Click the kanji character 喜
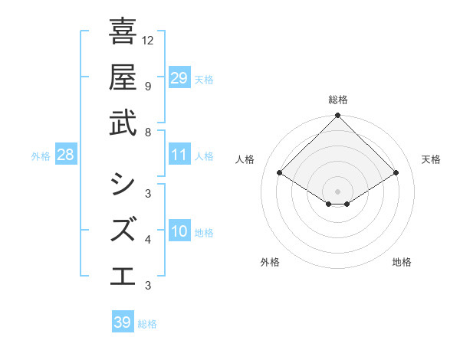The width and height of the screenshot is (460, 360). point(123,33)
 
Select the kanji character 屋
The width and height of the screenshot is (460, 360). point(123,77)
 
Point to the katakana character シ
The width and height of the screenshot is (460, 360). point(123,185)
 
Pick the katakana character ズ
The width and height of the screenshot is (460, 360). point(123,230)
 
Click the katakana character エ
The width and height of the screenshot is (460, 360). point(123,275)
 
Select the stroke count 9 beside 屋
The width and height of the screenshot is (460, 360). point(147,86)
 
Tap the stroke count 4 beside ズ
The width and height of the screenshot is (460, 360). point(147,241)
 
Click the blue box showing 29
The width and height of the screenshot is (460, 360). point(179,77)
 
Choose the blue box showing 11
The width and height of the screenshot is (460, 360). point(179,155)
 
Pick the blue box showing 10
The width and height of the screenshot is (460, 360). point(179,231)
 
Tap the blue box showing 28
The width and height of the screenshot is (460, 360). point(66,155)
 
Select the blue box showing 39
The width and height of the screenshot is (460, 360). point(123,322)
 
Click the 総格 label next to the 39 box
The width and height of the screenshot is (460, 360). point(147,324)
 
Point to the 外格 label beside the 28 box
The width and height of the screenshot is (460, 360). point(41,156)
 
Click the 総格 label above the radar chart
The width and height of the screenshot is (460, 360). point(338,100)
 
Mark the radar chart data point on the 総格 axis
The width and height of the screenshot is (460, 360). point(338,116)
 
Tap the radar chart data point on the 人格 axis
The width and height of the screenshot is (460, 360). point(280,173)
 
